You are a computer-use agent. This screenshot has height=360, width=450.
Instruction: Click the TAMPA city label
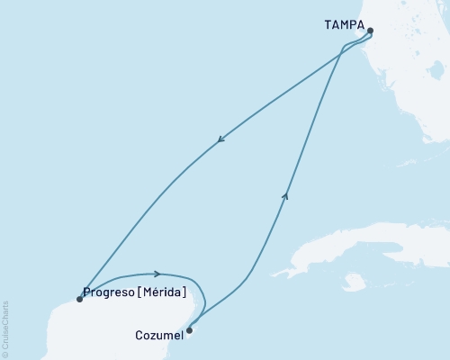344,27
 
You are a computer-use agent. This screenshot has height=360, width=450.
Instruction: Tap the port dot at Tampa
371,31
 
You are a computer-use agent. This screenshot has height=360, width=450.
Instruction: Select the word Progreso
109,292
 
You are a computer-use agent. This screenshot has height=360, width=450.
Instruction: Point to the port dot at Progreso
79,300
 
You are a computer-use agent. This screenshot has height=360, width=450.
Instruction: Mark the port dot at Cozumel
189,329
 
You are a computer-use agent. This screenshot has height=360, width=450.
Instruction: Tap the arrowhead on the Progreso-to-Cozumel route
157,273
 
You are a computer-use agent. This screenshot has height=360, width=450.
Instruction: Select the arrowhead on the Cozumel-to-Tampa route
286,193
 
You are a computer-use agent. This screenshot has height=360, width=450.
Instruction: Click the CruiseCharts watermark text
5,325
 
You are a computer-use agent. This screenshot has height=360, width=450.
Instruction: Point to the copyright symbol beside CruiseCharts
5,353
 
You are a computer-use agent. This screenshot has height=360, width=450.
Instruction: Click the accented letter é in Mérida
157,292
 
